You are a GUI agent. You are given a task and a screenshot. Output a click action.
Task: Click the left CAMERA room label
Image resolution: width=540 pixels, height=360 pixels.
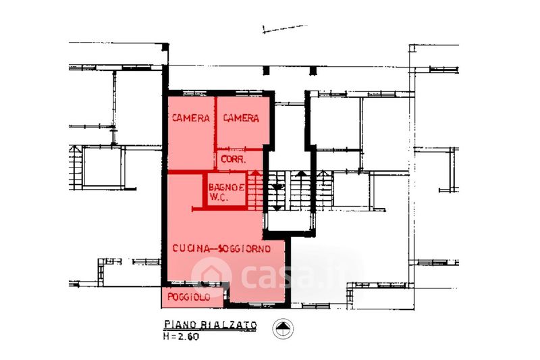[191, 118]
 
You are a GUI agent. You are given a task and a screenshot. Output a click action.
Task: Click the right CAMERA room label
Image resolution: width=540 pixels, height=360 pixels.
[241, 118]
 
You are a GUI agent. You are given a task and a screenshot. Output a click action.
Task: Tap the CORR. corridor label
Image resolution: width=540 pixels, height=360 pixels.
[234, 159]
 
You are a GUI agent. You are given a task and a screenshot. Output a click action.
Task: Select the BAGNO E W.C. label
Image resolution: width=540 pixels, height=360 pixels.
[227, 192]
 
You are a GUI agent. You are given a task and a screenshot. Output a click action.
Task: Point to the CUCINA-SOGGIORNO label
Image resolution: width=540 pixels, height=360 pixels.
[221, 249]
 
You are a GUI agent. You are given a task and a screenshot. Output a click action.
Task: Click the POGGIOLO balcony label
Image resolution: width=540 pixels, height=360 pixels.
[189, 297]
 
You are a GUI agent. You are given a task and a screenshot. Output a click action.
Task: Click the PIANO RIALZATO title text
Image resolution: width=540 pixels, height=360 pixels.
[211, 325]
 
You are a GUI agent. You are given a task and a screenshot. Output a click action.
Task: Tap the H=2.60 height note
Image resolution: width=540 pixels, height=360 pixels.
[181, 336]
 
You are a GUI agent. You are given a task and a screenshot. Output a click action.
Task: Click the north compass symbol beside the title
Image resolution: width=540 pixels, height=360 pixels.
[283, 328]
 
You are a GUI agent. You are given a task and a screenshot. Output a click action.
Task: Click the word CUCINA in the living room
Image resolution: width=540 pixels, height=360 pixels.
[191, 249]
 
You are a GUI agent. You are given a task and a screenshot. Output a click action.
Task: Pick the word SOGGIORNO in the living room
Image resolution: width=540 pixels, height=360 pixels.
[244, 249]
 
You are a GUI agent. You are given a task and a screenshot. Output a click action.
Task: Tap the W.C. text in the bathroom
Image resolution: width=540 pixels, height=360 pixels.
[218, 197]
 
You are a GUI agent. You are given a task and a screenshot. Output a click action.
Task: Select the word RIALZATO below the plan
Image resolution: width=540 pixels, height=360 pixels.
[229, 325]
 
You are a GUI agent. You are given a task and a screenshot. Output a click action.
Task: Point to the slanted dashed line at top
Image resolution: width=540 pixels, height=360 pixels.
[285, 28]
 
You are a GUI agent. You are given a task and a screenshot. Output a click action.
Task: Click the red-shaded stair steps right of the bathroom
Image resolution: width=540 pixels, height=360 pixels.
[255, 194]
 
